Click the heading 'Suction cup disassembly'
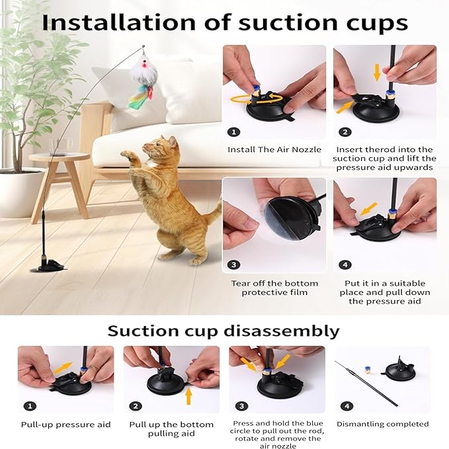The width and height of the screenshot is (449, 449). (224, 330)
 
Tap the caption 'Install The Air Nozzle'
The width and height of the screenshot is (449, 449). (269, 149)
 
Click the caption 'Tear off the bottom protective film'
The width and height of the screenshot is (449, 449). (274, 288)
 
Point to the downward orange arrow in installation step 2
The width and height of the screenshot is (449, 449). (377, 71)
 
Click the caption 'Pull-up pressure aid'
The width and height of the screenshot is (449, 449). (66, 425)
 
